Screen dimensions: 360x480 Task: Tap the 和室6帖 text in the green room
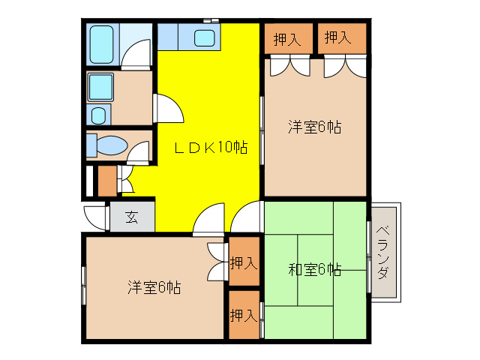point(315,268)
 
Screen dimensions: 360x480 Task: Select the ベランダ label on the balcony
point(384,252)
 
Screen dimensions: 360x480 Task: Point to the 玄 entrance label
point(131,218)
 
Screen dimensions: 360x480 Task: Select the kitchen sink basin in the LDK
point(204,37)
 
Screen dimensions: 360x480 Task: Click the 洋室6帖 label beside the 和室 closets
point(153,286)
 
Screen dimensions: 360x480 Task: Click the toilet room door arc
point(138,154)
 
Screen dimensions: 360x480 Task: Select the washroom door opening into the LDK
point(169,109)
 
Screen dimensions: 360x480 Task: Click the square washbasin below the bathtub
point(99,88)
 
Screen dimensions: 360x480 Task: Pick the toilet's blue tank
point(91,145)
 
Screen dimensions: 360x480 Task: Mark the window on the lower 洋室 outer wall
point(83,285)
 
